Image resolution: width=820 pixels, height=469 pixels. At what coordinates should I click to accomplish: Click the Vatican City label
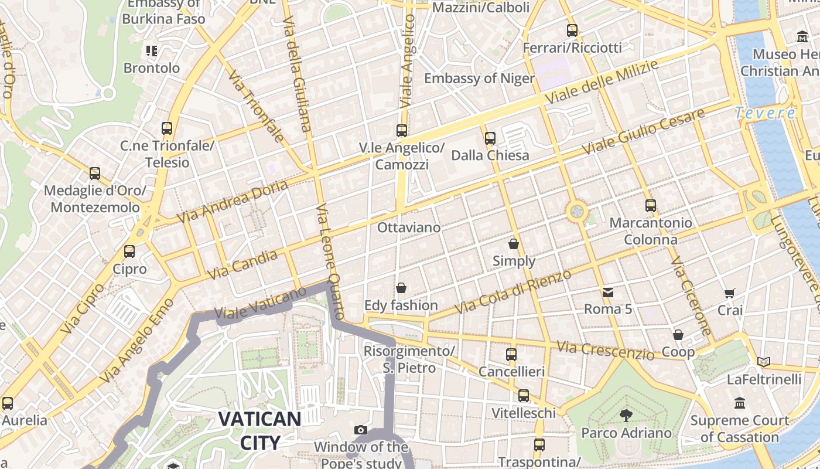[259, 430]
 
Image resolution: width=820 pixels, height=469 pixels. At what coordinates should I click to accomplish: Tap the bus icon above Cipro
[129, 252]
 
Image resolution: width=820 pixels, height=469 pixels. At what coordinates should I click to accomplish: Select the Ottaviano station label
[409, 227]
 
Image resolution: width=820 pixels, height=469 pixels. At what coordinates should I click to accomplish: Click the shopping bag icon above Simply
[514, 244]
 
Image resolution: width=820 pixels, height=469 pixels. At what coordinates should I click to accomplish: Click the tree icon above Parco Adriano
[626, 416]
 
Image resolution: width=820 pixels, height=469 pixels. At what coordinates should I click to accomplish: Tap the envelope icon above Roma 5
[607, 292]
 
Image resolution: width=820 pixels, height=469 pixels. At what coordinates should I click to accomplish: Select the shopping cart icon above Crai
[730, 293]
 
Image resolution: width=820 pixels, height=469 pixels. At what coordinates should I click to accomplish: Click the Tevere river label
[765, 113]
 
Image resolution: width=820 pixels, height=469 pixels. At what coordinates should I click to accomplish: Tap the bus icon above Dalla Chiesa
[490, 138]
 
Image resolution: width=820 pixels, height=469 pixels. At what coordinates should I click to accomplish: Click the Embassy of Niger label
[479, 79]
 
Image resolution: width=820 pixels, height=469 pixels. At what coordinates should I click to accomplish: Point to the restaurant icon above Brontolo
[152, 51]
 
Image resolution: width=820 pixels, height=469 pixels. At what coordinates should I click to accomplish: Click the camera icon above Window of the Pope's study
[361, 430]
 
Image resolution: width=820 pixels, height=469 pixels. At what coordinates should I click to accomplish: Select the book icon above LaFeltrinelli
[763, 362]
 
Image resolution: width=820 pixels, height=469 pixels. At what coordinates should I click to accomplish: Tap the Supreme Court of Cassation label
[739, 429]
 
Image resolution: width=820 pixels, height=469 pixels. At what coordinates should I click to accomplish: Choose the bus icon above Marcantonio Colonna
[650, 206]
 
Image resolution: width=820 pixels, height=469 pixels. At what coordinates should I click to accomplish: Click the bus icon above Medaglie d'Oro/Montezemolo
[95, 174]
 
